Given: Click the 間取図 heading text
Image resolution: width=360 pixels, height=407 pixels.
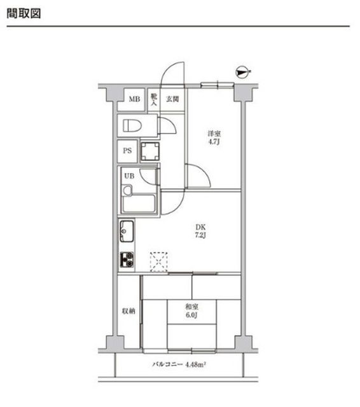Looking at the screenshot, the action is [x=24, y=13].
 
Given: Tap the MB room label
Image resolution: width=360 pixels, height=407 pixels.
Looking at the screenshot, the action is [x=134, y=99].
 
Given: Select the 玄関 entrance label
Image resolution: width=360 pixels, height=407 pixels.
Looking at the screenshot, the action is [x=172, y=99].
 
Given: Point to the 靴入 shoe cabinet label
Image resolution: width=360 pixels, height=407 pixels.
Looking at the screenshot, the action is [x=154, y=100].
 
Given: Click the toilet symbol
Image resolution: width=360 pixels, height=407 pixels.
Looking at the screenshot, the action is [x=132, y=126].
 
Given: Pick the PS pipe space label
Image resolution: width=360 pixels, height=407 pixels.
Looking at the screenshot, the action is [x=127, y=151].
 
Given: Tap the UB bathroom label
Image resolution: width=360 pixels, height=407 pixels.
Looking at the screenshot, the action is [x=129, y=176].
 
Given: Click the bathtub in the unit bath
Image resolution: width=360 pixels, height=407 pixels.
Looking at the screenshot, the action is [x=139, y=203].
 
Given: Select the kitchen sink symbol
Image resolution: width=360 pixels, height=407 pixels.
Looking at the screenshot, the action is [x=127, y=231].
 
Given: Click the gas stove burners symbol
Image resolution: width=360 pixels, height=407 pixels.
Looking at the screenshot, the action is [x=127, y=259].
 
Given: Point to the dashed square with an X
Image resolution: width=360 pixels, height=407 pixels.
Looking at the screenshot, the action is [x=159, y=261].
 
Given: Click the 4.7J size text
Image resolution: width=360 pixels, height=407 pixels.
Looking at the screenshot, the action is [x=214, y=142].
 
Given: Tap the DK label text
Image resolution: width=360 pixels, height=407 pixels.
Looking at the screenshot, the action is [x=200, y=228].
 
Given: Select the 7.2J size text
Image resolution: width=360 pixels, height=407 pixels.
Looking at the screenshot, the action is [x=200, y=235].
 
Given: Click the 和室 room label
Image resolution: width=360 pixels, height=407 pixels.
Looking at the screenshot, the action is [x=192, y=307].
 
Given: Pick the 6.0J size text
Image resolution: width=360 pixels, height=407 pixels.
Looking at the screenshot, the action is [x=192, y=315].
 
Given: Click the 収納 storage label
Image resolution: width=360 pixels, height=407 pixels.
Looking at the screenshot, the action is [x=128, y=311].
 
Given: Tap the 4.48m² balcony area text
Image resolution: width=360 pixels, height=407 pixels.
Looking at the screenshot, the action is [x=195, y=364].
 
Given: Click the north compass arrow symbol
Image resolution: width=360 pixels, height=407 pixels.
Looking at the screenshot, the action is [x=242, y=72].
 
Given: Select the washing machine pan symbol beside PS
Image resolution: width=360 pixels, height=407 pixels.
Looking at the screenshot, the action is [x=150, y=151].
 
